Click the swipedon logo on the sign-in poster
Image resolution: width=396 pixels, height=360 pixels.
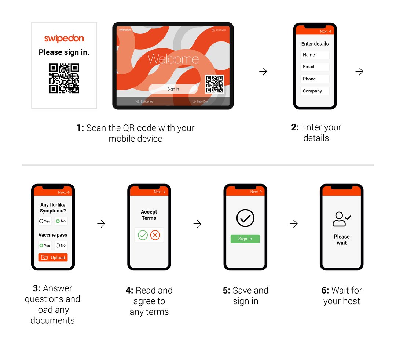coord(64,39)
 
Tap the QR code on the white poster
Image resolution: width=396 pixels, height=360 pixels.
coord(64,78)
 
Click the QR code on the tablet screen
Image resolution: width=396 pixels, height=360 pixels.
coord(214,84)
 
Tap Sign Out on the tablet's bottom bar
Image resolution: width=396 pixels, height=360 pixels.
coord(200,102)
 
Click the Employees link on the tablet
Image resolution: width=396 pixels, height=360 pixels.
coord(219,30)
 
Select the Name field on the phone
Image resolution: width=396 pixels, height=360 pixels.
coord(315,55)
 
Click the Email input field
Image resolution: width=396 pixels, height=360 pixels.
coord(315,67)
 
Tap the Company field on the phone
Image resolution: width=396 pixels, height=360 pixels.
coord(315,91)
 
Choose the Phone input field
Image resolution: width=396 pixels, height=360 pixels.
coord(315,79)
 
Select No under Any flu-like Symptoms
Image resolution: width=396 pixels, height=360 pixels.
coord(61,221)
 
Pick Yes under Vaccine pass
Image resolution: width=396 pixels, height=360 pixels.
coord(45,246)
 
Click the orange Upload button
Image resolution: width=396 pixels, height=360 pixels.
coord(53,258)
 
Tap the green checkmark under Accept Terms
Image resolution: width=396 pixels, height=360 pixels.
coord(143,235)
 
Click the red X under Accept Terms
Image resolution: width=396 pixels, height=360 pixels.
coord(155,235)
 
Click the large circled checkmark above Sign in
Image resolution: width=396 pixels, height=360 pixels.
coord(245,218)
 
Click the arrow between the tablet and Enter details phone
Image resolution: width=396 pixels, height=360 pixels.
coord(263,72)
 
